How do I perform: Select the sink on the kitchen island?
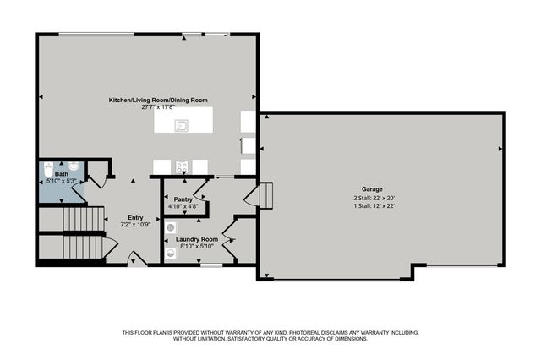click(x=181, y=125)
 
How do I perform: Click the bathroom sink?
click(x=74, y=166)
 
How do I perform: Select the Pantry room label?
click(x=183, y=199)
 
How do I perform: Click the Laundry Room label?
click(x=197, y=239)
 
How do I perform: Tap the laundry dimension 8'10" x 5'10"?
click(x=197, y=246)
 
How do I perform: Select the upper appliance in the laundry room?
click(x=172, y=226)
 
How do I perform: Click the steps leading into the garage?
click(x=265, y=196)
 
